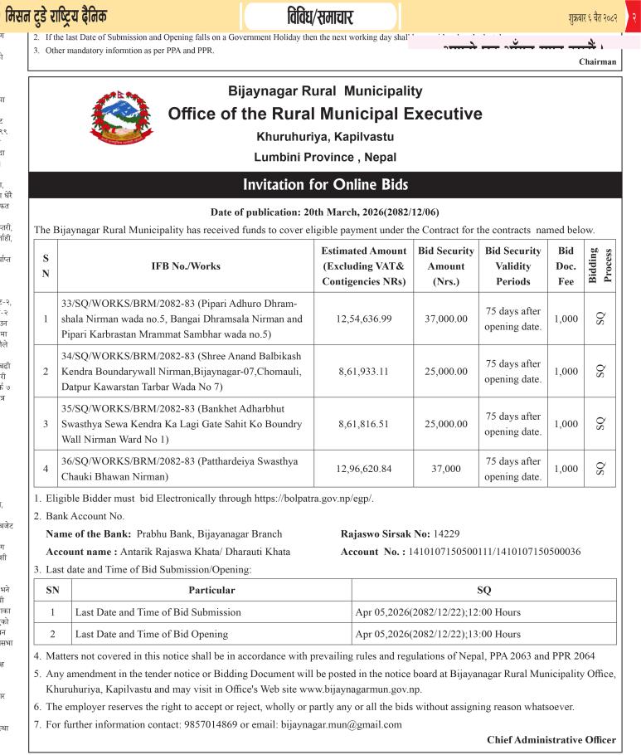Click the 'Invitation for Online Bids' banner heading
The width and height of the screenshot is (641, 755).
(324, 185)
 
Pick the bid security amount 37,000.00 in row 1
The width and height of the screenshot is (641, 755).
(446, 318)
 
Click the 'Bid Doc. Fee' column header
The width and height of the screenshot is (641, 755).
(566, 265)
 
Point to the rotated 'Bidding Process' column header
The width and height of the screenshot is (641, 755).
(600, 265)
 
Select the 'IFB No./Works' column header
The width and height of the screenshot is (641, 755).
(186, 265)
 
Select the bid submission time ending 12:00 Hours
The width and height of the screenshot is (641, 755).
(438, 612)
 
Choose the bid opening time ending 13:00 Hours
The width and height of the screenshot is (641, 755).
(438, 634)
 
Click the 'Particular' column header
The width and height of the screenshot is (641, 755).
(211, 590)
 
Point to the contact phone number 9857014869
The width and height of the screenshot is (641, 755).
(216, 723)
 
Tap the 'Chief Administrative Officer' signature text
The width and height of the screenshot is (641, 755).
(551, 739)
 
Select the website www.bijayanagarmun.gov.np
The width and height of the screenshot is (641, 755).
(361, 689)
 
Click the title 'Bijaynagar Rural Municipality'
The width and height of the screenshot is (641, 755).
(324, 91)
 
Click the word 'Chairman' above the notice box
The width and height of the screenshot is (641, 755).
(597, 61)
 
